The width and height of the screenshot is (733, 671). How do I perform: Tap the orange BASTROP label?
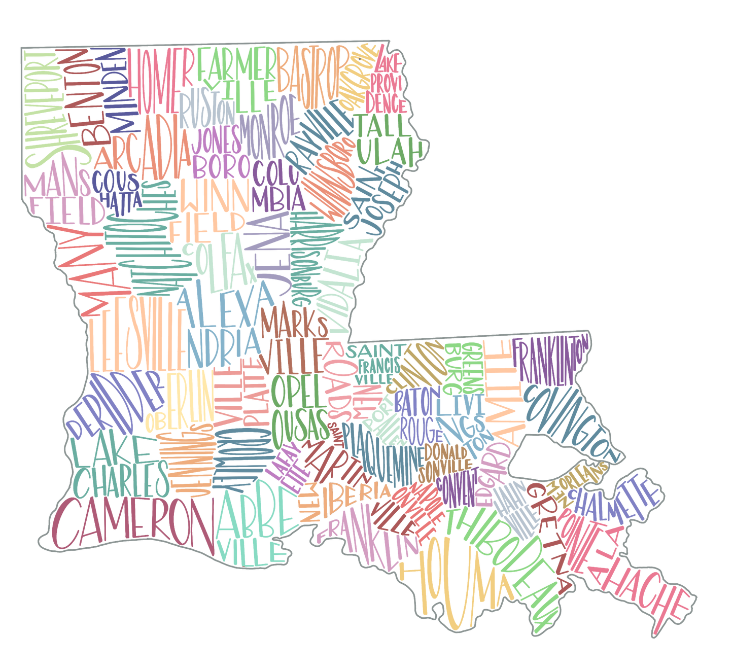click(309, 71)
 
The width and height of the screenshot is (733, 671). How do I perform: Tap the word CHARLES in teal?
click(122, 479)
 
